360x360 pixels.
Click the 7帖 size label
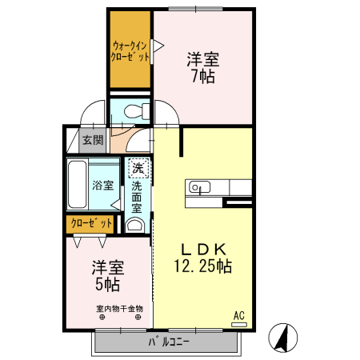click(203, 76)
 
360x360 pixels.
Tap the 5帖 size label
click(107, 284)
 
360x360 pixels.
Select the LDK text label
click(203, 250)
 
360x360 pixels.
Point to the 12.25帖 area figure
click(203, 266)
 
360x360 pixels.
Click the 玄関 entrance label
click(93, 140)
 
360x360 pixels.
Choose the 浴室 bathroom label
click(103, 185)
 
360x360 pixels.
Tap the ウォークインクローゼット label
click(130, 51)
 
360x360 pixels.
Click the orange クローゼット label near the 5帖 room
click(91, 223)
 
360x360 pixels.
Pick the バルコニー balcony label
click(169, 342)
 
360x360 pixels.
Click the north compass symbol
click(283, 338)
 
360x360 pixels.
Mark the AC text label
click(239, 316)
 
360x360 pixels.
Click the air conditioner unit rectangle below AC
click(239, 325)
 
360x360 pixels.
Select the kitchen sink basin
click(199, 187)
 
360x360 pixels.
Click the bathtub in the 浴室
click(77, 185)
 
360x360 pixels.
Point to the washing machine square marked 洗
click(138, 168)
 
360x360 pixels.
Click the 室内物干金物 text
click(120, 309)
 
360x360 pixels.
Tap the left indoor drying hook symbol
click(102, 318)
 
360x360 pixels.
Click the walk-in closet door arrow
click(158, 46)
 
